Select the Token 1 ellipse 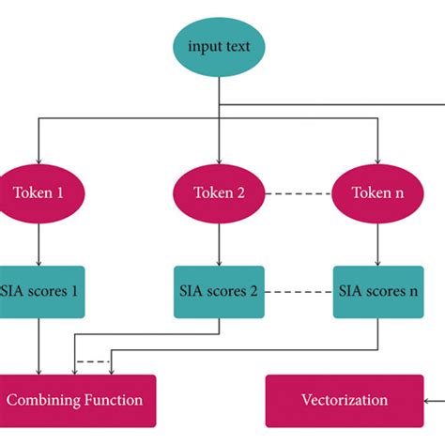[x=38, y=193]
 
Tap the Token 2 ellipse [x=218, y=193]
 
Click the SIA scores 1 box [x=38, y=291]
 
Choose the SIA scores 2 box [x=218, y=291]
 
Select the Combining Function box [x=75, y=400]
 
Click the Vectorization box [x=344, y=400]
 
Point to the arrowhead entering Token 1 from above [x=38, y=160]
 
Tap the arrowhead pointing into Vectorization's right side [x=427, y=400]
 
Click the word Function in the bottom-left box [x=112, y=400]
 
